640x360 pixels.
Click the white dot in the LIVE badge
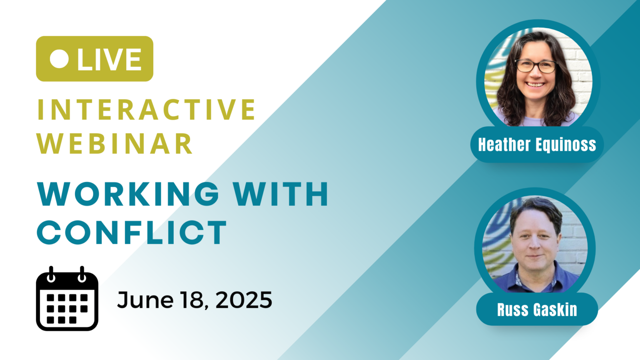tap(59, 59)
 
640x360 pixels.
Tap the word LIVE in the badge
tap(109, 59)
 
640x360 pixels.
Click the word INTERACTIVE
tap(146, 110)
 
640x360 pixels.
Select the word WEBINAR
tap(115, 144)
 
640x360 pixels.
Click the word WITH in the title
tap(280, 194)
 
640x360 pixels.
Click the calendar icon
tap(67, 299)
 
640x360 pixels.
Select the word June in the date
tap(145, 300)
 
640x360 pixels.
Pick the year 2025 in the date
tap(244, 300)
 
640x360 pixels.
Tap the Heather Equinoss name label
tap(537, 145)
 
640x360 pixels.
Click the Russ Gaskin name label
tap(537, 310)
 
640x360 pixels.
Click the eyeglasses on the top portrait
tap(536, 66)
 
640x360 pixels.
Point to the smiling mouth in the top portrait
tap(535, 85)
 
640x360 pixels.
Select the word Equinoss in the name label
tap(565, 145)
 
